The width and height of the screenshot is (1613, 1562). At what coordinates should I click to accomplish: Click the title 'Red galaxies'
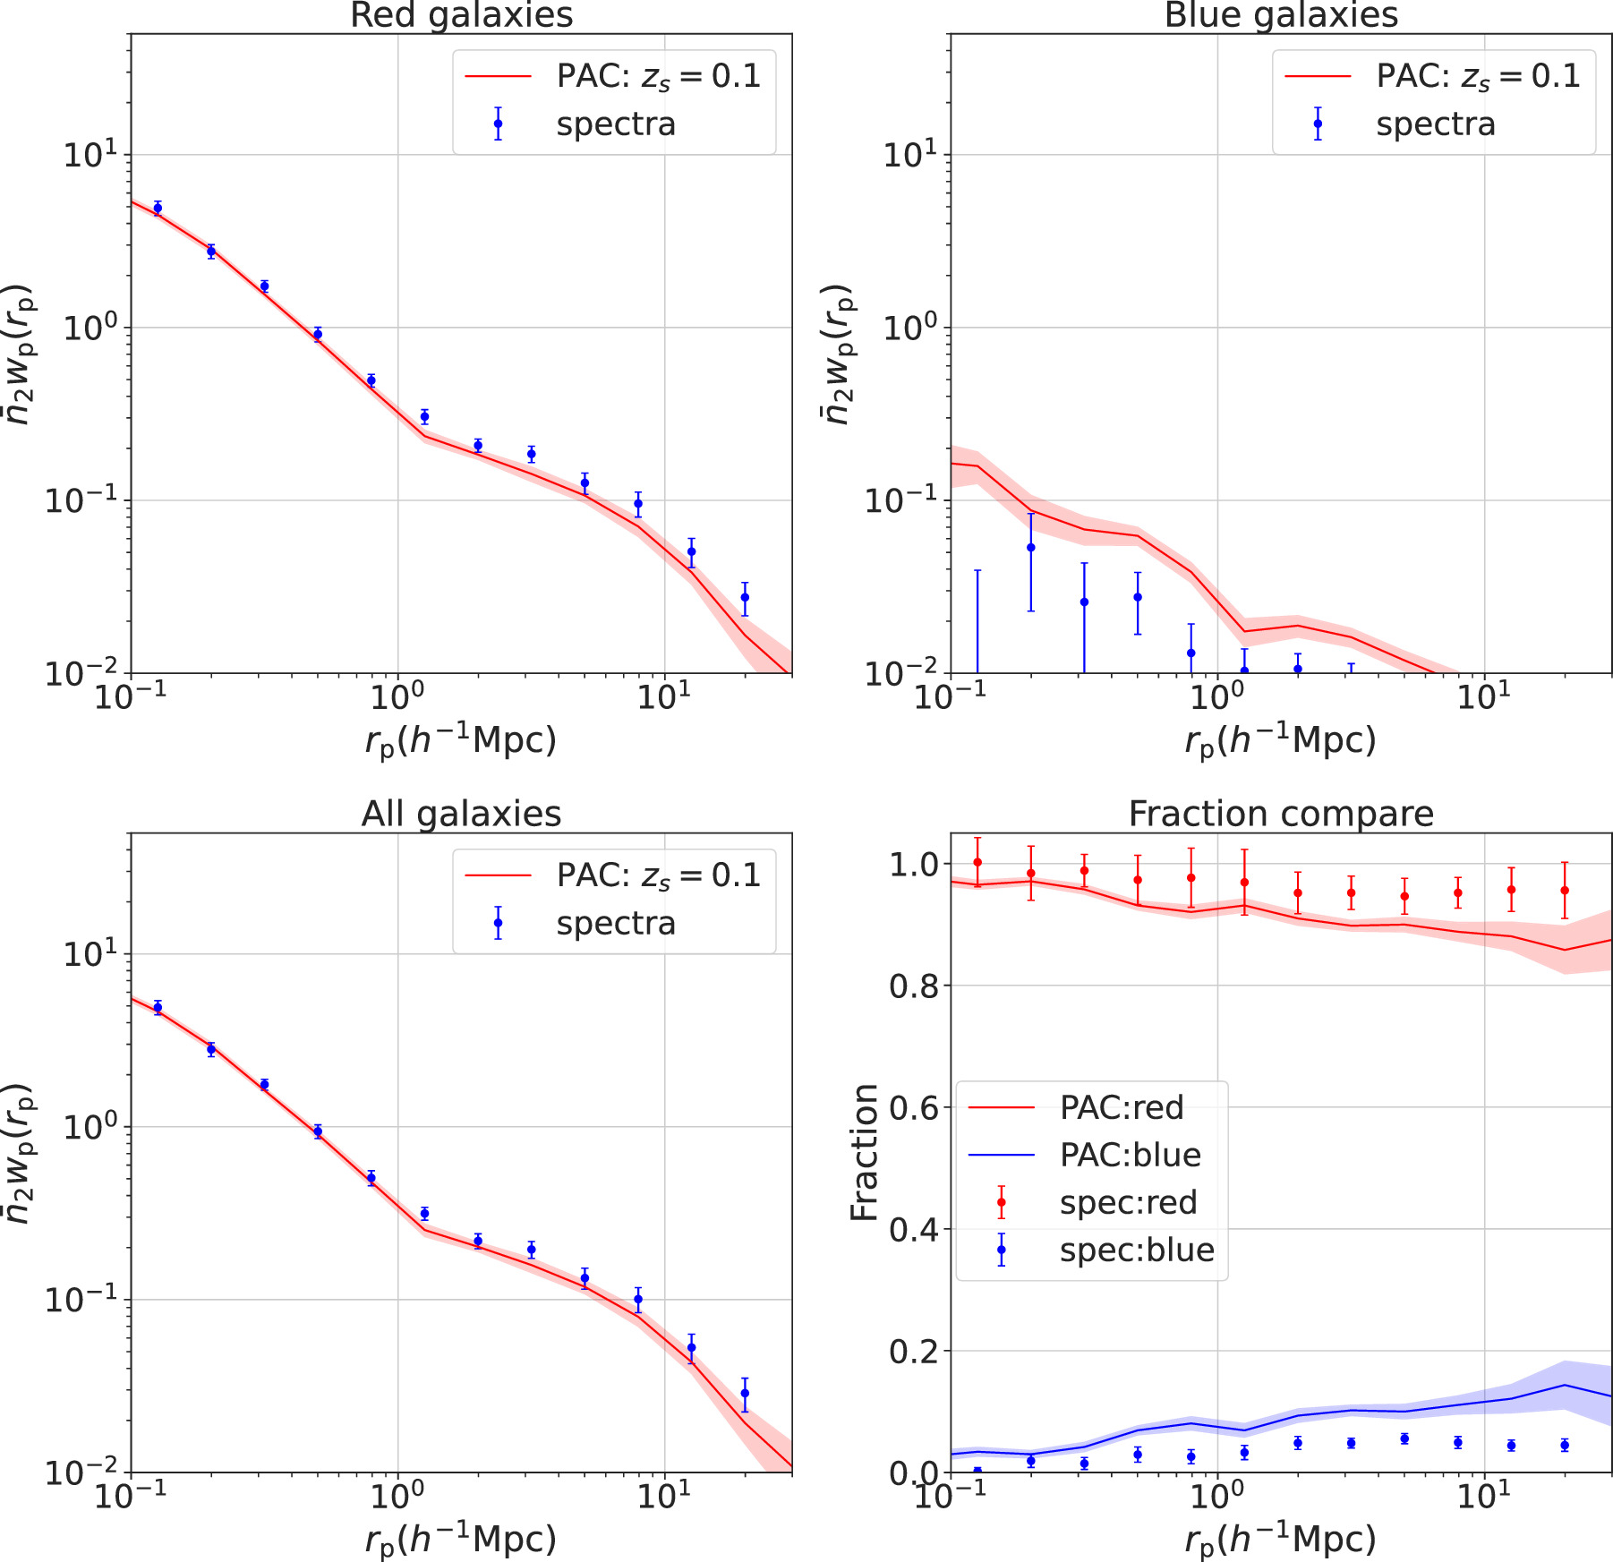point(461,15)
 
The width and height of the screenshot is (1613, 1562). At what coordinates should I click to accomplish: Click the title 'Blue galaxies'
point(1281,15)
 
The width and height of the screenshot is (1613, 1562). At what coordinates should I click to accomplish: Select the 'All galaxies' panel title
point(461,814)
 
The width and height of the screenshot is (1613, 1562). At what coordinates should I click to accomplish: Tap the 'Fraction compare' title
point(1281,814)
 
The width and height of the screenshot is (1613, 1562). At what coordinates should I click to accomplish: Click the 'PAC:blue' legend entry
point(1130,1155)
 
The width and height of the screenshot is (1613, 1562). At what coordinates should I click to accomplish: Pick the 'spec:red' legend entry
point(1128,1202)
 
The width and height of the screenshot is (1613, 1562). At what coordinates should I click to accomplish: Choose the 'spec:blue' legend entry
point(1137,1250)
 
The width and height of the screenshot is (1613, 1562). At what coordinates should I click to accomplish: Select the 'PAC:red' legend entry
point(1121,1107)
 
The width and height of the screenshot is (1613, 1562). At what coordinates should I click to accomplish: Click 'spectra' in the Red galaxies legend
point(616,124)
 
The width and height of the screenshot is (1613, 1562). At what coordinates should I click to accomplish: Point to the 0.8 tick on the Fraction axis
point(913,986)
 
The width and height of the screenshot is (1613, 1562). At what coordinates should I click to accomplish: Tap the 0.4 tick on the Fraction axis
point(913,1230)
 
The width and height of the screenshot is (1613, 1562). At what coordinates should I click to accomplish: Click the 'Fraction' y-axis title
point(865,1152)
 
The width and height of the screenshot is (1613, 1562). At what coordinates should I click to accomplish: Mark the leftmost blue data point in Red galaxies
point(158,209)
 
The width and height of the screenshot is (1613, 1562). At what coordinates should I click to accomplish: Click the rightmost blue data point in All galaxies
point(745,1393)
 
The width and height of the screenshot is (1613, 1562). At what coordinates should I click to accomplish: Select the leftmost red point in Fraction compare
point(977,863)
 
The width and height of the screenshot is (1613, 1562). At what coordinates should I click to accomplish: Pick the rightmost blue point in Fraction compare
point(1565,1445)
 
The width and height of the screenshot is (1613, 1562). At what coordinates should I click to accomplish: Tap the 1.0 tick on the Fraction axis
point(913,865)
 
